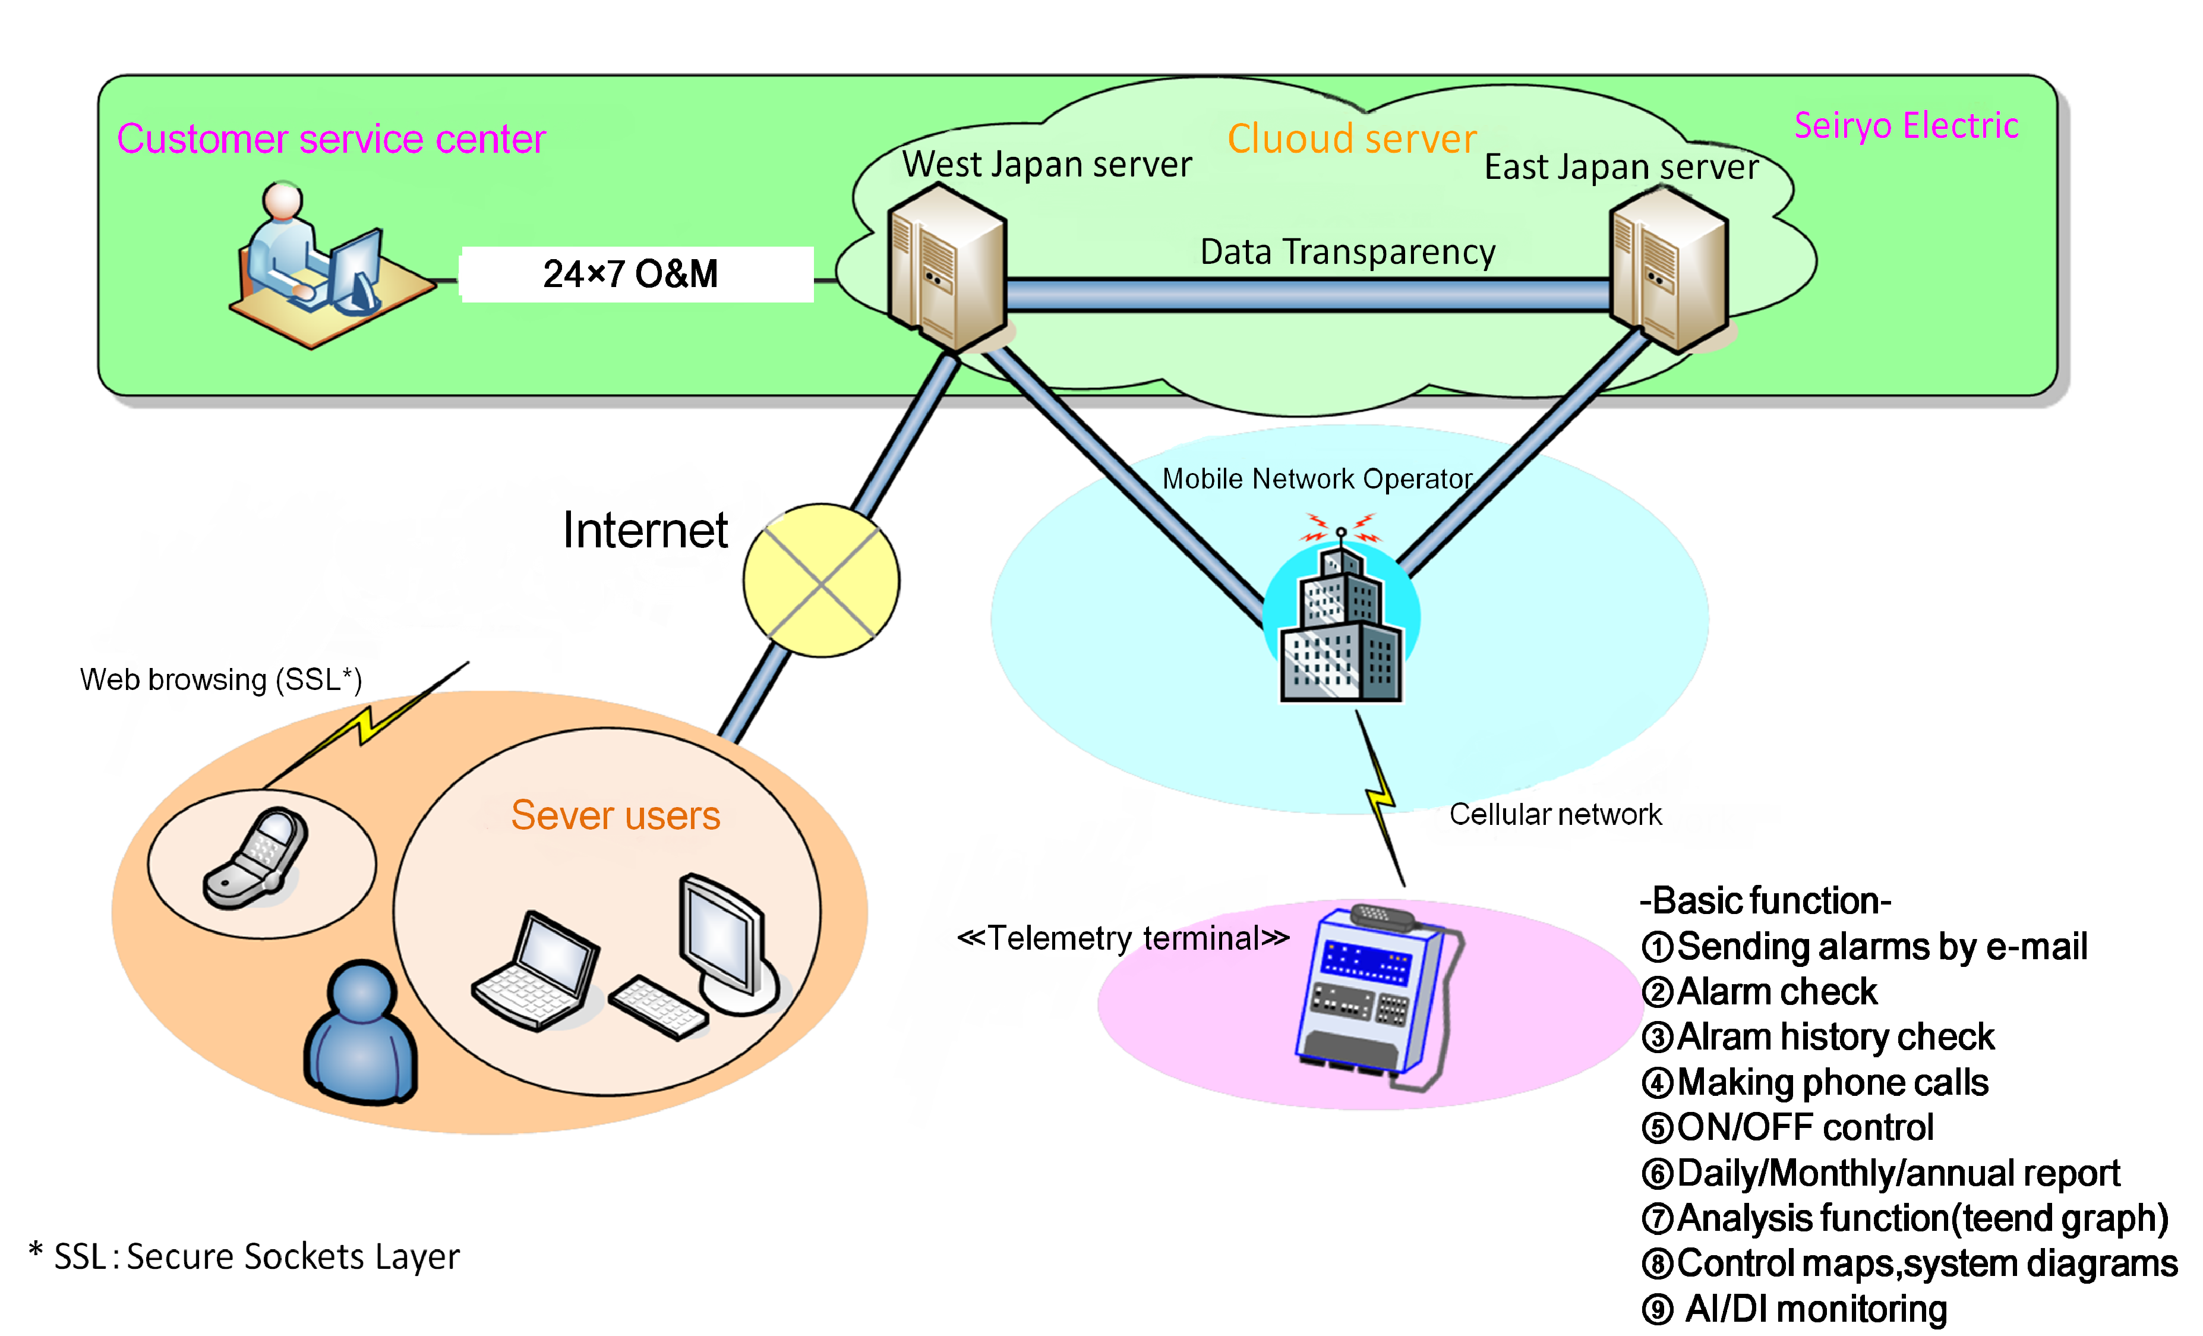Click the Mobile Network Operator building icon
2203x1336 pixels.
[x=1340, y=626]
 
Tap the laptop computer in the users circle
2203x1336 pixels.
[x=536, y=971]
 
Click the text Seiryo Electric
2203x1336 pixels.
[x=1905, y=126]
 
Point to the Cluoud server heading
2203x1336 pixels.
[x=1351, y=140]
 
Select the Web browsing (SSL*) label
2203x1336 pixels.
[x=221, y=680]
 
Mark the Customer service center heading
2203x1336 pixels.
[x=331, y=140]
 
